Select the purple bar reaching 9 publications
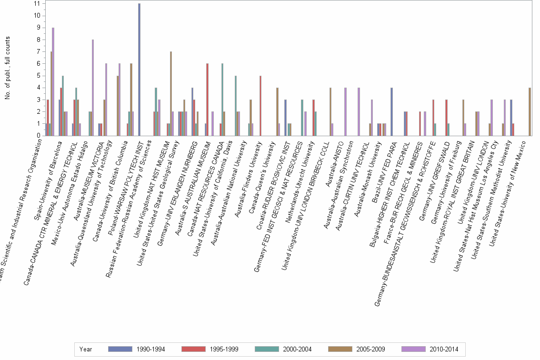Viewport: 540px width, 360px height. click(53, 81)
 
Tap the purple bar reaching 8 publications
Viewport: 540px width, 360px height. click(93, 88)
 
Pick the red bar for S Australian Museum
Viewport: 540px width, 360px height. click(207, 100)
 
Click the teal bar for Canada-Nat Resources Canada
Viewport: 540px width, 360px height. click(222, 100)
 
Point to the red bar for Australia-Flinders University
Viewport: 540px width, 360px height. click(260, 106)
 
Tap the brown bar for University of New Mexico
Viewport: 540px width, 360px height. click(530, 111)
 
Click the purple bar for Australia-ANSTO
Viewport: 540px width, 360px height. click(345, 111)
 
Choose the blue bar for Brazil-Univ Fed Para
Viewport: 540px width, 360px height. click(391, 111)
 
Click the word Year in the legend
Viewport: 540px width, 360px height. click(86, 350)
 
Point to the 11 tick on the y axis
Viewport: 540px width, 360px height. click(37, 3)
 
